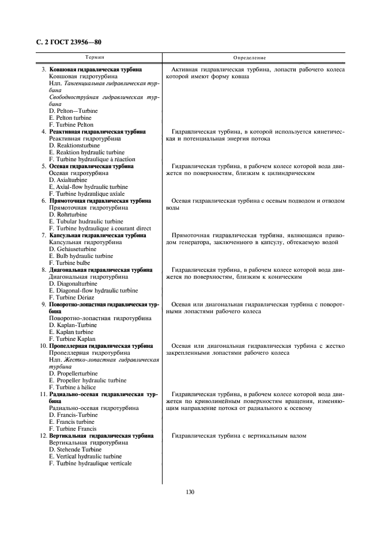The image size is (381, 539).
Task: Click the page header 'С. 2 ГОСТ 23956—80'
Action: click(65, 42)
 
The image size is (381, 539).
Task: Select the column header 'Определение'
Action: click(250, 58)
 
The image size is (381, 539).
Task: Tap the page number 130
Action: click(190, 492)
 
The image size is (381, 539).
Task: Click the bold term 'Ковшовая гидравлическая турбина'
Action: click(96, 69)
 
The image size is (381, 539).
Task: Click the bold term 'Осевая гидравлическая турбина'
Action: click(91, 166)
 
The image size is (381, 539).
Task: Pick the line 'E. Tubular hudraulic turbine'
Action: click(86, 221)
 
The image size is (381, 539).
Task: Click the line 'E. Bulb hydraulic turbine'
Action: click(81, 256)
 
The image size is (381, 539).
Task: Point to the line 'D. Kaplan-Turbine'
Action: click(73, 325)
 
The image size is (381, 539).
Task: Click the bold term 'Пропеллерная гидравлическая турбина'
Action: click(101, 346)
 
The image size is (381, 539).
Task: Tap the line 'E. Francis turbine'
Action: click(72, 422)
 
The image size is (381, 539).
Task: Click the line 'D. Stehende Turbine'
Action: click(76, 449)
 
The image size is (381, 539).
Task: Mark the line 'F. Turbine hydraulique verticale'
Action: click(90, 463)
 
